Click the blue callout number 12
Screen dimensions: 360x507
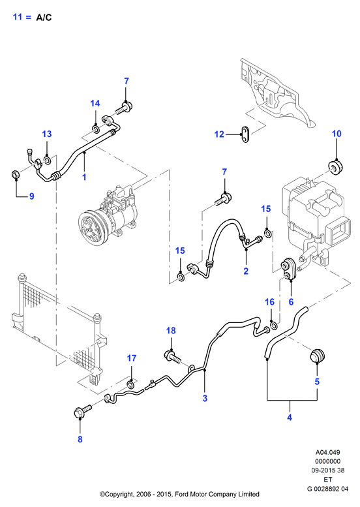tap(219, 134)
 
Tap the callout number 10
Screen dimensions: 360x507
tap(337, 134)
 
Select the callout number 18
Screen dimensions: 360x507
tap(171, 330)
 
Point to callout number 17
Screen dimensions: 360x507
tap(132, 358)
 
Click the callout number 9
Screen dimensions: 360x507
tap(32, 196)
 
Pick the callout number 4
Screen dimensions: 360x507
tap(290, 418)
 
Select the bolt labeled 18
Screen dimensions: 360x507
tap(173, 357)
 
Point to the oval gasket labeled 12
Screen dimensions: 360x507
tap(245, 134)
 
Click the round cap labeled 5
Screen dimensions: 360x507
tap(317, 357)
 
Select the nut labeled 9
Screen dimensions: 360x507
tap(15, 175)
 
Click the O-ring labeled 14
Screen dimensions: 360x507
tap(96, 130)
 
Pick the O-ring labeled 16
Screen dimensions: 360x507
tap(273, 325)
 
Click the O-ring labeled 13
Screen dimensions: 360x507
tap(47, 161)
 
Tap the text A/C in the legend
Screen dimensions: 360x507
tap(44, 18)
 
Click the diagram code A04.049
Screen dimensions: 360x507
tap(327, 452)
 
